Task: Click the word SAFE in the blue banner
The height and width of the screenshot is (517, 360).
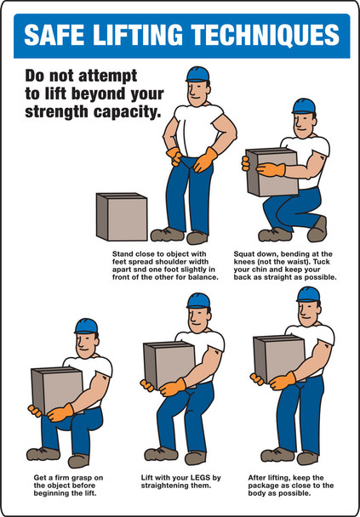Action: coord(54,35)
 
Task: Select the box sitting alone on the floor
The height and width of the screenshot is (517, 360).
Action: coord(122,217)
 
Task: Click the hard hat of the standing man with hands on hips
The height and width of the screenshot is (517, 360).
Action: coord(197,74)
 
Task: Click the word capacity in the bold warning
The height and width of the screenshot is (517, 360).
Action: coord(133,111)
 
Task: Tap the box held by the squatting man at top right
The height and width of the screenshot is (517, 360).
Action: coord(270,171)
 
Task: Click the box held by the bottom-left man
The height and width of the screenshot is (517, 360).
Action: coord(56,389)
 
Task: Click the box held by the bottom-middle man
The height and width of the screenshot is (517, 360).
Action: coord(168,366)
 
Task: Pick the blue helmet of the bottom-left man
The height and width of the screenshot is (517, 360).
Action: coord(86,326)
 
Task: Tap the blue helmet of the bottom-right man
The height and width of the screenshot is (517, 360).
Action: coord(307,294)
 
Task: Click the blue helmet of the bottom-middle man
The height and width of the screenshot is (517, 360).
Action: coord(197,300)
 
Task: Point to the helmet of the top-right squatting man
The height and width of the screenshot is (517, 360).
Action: coord(304,106)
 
